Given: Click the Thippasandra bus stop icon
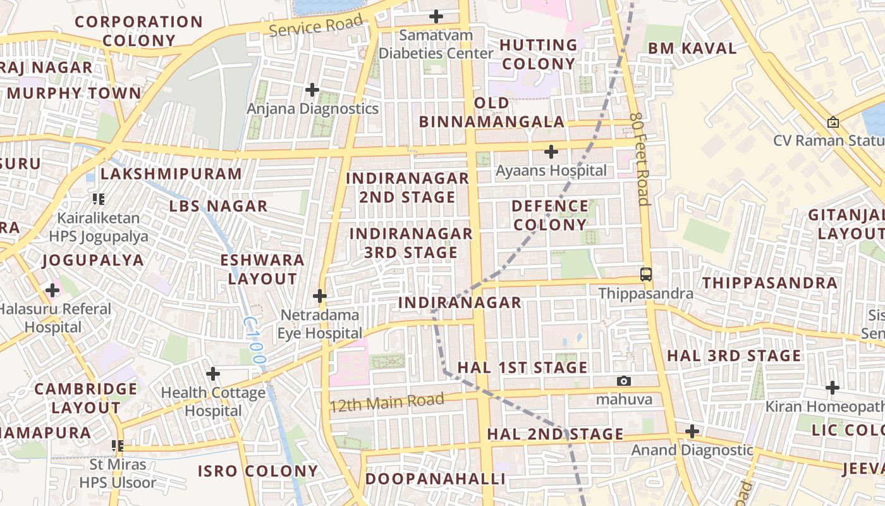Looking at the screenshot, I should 646,275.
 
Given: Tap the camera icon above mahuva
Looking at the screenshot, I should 624,381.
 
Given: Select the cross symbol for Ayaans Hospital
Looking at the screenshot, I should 551,152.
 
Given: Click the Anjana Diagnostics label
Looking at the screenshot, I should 312,109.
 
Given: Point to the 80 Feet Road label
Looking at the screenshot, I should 640,159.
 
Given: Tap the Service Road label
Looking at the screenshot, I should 316,25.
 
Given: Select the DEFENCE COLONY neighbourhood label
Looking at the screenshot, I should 549,216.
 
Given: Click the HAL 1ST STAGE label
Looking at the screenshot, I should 522,367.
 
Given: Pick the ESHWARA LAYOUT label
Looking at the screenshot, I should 262,269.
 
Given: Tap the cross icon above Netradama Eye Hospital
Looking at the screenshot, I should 320,295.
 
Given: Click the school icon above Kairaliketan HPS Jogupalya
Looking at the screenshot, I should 98,199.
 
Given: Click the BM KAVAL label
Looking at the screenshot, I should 692,49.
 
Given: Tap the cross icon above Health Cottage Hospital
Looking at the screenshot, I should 213,374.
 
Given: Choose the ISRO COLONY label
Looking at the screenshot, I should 258,471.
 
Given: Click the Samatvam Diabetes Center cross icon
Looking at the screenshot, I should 436,16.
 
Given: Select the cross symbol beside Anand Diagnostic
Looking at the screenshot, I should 692,431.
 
